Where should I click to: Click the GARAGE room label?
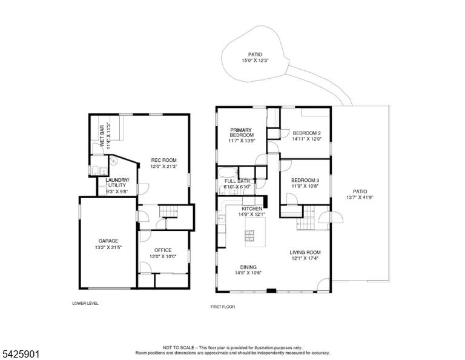tap(108, 241)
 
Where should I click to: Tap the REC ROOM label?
tap(163, 160)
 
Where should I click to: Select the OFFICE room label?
tap(163, 250)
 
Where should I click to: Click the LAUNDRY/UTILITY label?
tap(117, 182)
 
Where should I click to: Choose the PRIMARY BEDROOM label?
tap(242, 132)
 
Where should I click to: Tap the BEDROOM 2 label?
tap(306, 133)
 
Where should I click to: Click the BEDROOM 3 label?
tap(305, 180)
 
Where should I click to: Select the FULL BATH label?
tap(237, 181)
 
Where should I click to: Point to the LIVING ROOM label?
tap(305, 253)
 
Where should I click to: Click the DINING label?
tap(248, 267)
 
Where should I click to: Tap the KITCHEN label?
tap(252, 208)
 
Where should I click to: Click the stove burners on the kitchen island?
tap(249, 235)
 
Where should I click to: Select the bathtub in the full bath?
tap(228, 172)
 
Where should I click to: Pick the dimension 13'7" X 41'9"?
tap(360, 198)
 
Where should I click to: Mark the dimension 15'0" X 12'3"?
tap(255, 61)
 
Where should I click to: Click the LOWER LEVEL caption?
tap(85, 303)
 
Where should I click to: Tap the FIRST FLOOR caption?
tap(223, 307)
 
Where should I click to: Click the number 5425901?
tap(21, 354)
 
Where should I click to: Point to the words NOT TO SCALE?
tap(179, 347)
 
